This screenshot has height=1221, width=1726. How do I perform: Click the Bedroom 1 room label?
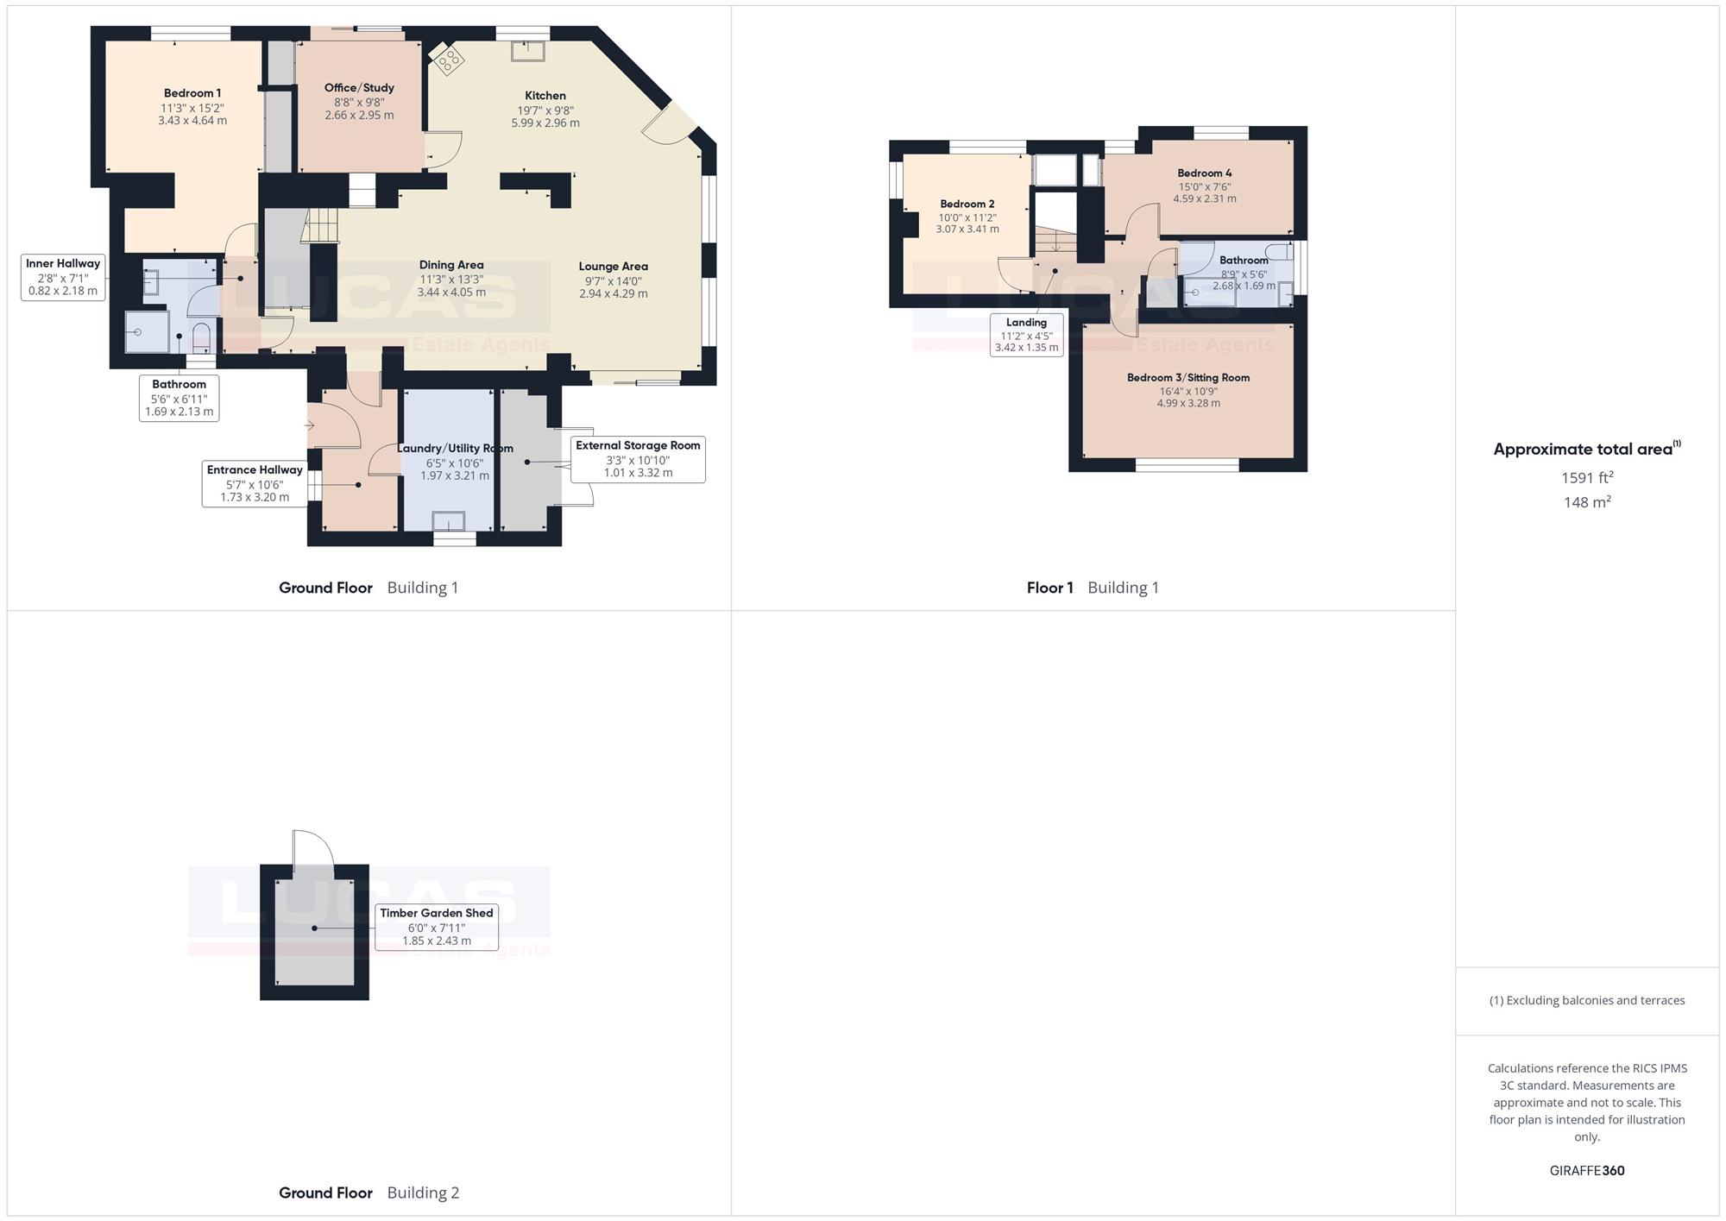point(192,93)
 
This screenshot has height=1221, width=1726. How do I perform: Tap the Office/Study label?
point(359,87)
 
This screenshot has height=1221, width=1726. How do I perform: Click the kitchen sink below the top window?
point(528,51)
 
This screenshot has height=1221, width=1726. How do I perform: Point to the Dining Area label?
point(451,265)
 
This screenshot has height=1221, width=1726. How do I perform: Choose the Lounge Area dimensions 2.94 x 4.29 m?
point(614,293)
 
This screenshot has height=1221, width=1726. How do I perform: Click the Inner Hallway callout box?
point(63,277)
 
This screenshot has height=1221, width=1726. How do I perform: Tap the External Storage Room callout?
point(638,459)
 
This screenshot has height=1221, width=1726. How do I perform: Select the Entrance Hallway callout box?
point(255,483)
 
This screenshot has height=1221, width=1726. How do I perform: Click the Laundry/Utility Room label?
point(455,448)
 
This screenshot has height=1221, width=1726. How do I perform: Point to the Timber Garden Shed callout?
point(437,927)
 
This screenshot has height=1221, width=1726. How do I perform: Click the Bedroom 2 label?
point(967,205)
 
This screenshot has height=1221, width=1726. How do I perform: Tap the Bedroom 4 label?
point(1205,173)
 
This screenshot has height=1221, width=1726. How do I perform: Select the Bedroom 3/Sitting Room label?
point(1188,377)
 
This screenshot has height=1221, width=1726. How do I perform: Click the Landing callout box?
point(1026,335)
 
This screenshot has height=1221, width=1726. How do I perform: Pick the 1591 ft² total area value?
point(1587,477)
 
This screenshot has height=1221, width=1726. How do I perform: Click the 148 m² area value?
point(1587,501)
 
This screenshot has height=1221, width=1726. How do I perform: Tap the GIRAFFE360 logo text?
point(1587,1171)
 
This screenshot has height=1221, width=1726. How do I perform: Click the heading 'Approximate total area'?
point(1583,449)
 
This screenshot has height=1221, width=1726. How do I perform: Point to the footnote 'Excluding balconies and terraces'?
point(1596,1001)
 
